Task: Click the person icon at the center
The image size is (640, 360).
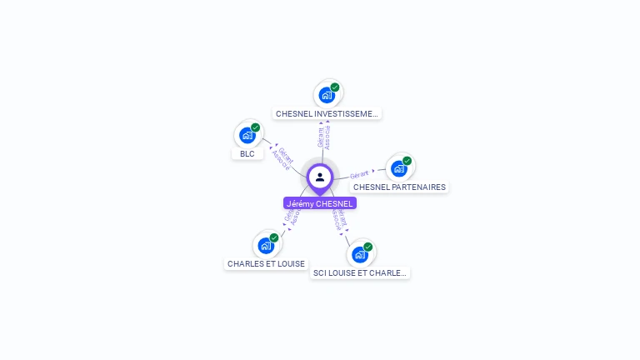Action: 320,177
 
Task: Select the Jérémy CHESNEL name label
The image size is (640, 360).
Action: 320,203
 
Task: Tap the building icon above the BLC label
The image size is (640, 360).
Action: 247,135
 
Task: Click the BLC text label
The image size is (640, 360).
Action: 247,154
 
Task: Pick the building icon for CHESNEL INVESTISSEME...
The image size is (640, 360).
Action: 327,95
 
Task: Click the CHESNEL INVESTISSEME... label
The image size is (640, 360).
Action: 327,113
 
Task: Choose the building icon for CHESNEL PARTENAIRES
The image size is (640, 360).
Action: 399,168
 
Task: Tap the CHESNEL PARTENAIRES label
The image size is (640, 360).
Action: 399,187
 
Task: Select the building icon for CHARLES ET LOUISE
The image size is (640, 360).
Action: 265,245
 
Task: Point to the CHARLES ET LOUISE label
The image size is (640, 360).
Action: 266,264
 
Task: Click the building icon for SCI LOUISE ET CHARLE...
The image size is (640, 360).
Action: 359,254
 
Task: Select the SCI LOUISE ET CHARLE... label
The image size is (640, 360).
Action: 359,272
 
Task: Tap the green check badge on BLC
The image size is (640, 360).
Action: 256,127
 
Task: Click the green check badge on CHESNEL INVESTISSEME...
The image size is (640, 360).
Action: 335,87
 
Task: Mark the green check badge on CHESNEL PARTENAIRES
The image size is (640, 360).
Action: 407,161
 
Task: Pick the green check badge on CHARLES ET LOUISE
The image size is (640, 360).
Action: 274,237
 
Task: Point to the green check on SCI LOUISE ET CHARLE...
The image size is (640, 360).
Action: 367,247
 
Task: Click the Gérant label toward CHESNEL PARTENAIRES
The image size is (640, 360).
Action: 360,174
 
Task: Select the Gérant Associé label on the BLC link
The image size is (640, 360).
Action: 283,158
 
